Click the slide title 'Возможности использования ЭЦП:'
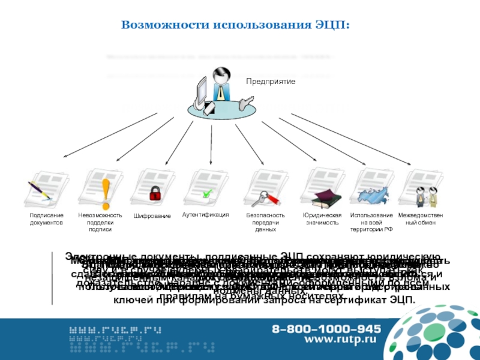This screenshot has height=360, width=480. point(236,25)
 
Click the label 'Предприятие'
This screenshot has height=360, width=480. point(270,80)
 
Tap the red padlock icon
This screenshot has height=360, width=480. point(155,193)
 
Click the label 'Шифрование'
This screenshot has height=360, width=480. point(152,215)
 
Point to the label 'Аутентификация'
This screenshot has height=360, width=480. point(206,214)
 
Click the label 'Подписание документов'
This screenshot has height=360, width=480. point(46,218)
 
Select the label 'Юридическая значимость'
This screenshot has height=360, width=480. point(322,218)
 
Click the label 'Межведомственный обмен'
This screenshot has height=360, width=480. point(421,218)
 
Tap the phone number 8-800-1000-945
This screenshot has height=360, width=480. point(326,329)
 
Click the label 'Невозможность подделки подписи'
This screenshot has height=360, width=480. point(100,222)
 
